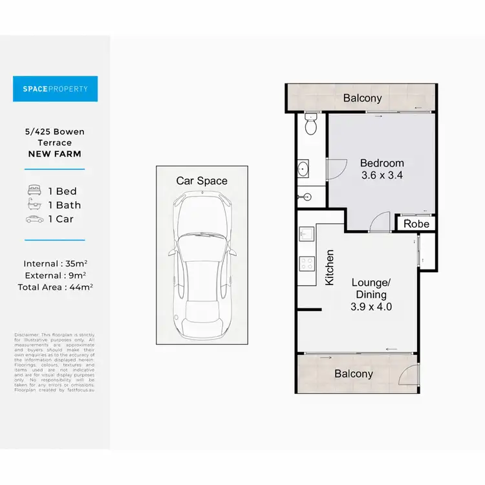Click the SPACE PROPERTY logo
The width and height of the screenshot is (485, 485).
[55, 89]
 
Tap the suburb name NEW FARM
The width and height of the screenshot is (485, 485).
[55, 154]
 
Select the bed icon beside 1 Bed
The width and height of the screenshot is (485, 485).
[35, 191]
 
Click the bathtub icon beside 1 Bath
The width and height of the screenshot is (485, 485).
[35, 205]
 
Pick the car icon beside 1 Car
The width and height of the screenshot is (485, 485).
[35, 219]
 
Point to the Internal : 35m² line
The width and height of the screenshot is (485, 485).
[55, 263]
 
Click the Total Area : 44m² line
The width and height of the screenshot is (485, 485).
[55, 286]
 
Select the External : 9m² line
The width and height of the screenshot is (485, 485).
[55, 275]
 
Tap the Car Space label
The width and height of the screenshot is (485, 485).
[202, 180]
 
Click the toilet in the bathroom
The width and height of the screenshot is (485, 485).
[310, 124]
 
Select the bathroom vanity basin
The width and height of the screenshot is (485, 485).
[304, 169]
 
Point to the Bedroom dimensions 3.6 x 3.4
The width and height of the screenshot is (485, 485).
[382, 175]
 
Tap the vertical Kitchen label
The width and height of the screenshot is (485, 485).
[330, 268]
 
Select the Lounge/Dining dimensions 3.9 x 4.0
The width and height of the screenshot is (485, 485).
[371, 307]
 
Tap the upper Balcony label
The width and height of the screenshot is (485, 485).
[362, 98]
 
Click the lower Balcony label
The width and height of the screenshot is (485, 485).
[354, 374]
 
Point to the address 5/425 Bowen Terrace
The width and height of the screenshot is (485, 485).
[55, 137]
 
